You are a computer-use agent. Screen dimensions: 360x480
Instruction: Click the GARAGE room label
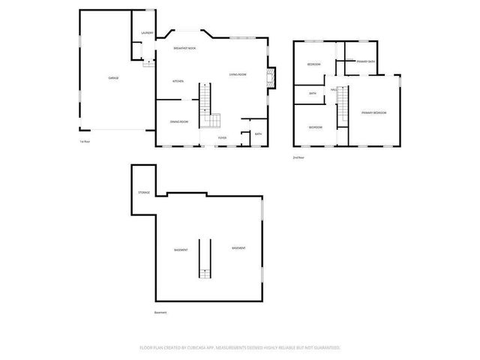coord(113,78)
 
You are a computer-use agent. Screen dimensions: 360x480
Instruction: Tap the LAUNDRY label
coord(148,33)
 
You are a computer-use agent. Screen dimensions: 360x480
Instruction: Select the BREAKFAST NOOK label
coord(184,48)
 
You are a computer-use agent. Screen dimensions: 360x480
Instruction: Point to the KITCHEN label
coord(178,81)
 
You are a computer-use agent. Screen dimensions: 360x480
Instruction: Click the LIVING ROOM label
coord(238,74)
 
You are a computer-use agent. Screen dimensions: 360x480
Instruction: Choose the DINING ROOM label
coord(178,121)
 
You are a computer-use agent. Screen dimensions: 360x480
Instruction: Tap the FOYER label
coord(222,138)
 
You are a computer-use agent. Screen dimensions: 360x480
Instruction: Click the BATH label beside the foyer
coord(258,133)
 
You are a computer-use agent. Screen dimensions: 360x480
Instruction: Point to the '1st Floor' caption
coord(85,142)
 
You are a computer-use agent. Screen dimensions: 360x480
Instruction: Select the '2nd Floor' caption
coord(299,157)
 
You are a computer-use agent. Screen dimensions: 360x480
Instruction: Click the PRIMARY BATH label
coord(367,61)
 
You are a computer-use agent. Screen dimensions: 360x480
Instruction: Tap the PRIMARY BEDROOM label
coord(373,112)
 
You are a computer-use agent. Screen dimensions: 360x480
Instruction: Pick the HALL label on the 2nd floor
coord(333,90)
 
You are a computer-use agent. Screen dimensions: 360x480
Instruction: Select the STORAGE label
coord(144,193)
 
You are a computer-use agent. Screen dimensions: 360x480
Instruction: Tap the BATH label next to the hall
coord(313,93)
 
